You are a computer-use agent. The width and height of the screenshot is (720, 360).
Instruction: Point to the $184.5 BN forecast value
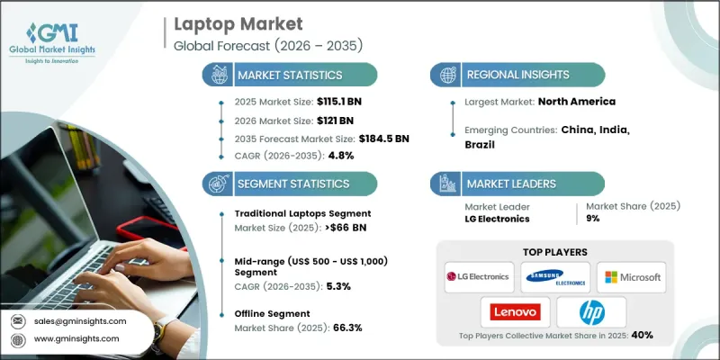click(x=389, y=138)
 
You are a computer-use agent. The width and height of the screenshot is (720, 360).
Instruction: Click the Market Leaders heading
click(x=511, y=183)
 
